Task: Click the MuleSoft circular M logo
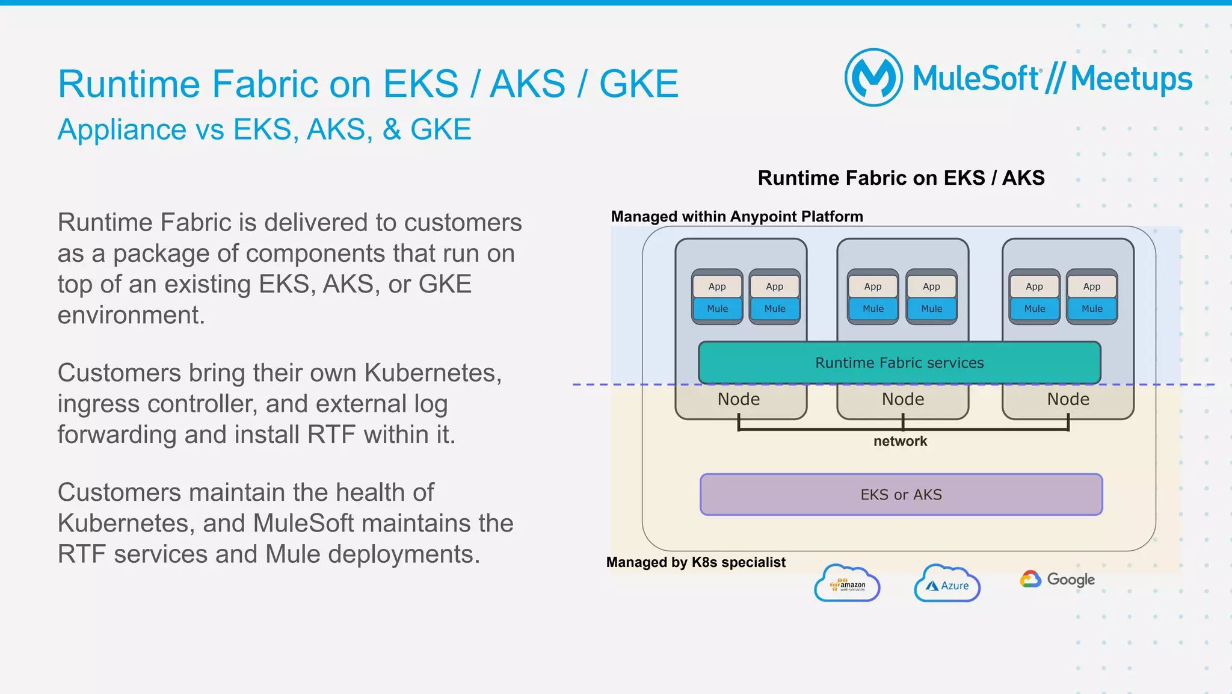tap(873, 78)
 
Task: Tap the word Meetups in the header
tap(1131, 79)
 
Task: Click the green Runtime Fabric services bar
tap(899, 362)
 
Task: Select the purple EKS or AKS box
tap(901, 495)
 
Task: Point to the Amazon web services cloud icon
tap(847, 583)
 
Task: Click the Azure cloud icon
tap(947, 584)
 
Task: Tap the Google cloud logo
tap(1058, 579)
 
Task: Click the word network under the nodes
tap(900, 441)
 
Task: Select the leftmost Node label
tap(739, 399)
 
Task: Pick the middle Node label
tap(903, 399)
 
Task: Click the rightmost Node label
tap(1068, 399)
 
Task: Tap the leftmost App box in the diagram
tap(717, 287)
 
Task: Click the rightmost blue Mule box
tap(1092, 309)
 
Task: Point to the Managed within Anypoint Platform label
tap(737, 217)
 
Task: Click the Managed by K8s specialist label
tap(695, 562)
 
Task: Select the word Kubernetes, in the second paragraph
tap(433, 373)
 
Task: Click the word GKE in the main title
tap(639, 84)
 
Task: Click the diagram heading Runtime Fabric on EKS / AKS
tap(901, 178)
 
